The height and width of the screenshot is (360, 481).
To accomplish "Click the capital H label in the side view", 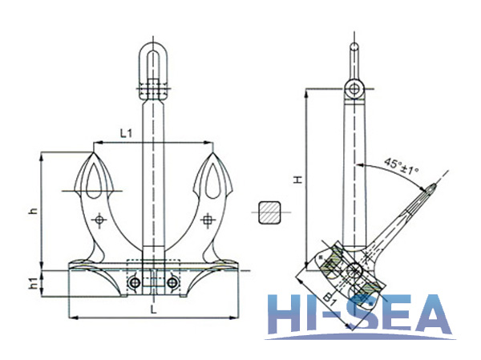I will (x=297, y=182).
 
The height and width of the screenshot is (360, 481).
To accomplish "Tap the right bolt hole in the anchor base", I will (x=171, y=282).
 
